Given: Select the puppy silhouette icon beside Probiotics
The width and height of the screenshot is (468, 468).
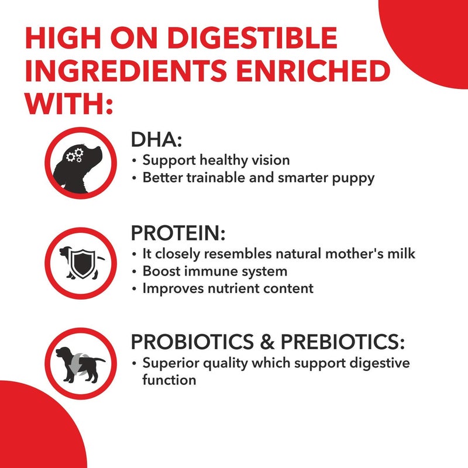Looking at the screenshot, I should [x=78, y=363].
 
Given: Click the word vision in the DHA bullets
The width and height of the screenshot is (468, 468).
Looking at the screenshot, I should [x=269, y=160].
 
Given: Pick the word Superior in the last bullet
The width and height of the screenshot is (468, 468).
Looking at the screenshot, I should [x=170, y=363].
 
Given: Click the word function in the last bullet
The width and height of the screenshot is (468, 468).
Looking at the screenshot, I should [x=169, y=381].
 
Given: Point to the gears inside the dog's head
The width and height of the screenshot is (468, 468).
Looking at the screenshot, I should [x=74, y=156].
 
